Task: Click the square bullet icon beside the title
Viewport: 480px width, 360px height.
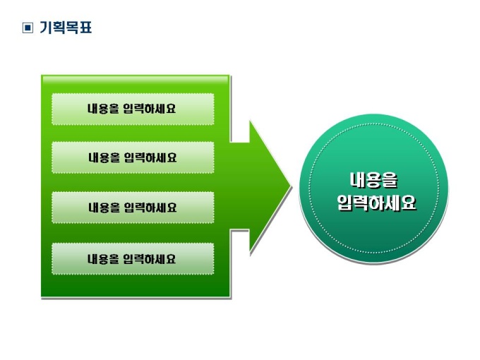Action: (x=28, y=28)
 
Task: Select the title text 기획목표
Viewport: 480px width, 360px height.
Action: (x=66, y=28)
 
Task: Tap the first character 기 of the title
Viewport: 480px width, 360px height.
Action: (x=47, y=28)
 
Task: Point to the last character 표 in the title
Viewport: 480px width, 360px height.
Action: (x=85, y=28)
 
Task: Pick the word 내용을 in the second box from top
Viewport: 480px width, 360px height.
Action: (x=104, y=157)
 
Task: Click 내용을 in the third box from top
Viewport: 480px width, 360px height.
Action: (x=104, y=208)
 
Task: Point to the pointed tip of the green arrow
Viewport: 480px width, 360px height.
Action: (x=290, y=188)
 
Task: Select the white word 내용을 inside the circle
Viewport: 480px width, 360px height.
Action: (x=373, y=180)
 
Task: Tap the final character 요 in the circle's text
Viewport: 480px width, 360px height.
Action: (x=408, y=203)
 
